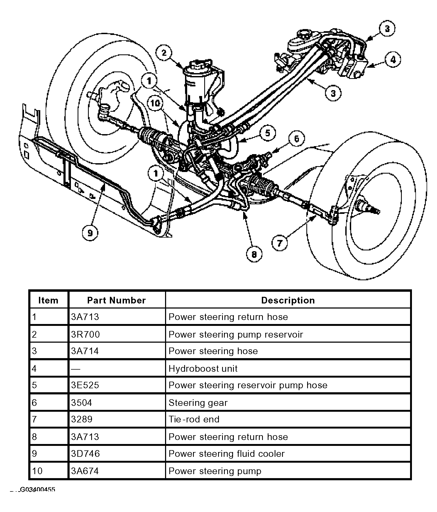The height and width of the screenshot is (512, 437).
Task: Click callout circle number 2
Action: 164,53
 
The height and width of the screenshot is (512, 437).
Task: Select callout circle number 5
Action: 268,133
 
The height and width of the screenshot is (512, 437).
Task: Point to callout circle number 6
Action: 296,139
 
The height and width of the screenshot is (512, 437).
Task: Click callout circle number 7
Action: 279,243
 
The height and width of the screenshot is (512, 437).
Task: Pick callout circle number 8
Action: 254,255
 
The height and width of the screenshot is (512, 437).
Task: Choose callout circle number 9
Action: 90,233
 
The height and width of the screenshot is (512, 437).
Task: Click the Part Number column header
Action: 117,300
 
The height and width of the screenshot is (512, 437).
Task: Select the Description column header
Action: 288,300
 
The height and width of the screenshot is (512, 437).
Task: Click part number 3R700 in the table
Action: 85,334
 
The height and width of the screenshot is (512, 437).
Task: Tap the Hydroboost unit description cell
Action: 203,369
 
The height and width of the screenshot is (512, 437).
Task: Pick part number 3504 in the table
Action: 81,402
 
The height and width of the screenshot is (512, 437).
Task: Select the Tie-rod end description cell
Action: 194,419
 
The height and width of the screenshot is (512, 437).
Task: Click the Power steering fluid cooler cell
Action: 227,454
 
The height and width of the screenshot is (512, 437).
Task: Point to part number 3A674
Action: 85,471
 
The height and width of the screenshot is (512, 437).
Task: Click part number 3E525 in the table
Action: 85,385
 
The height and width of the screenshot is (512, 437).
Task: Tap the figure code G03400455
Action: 37,490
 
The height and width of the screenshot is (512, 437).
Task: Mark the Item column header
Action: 48,300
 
